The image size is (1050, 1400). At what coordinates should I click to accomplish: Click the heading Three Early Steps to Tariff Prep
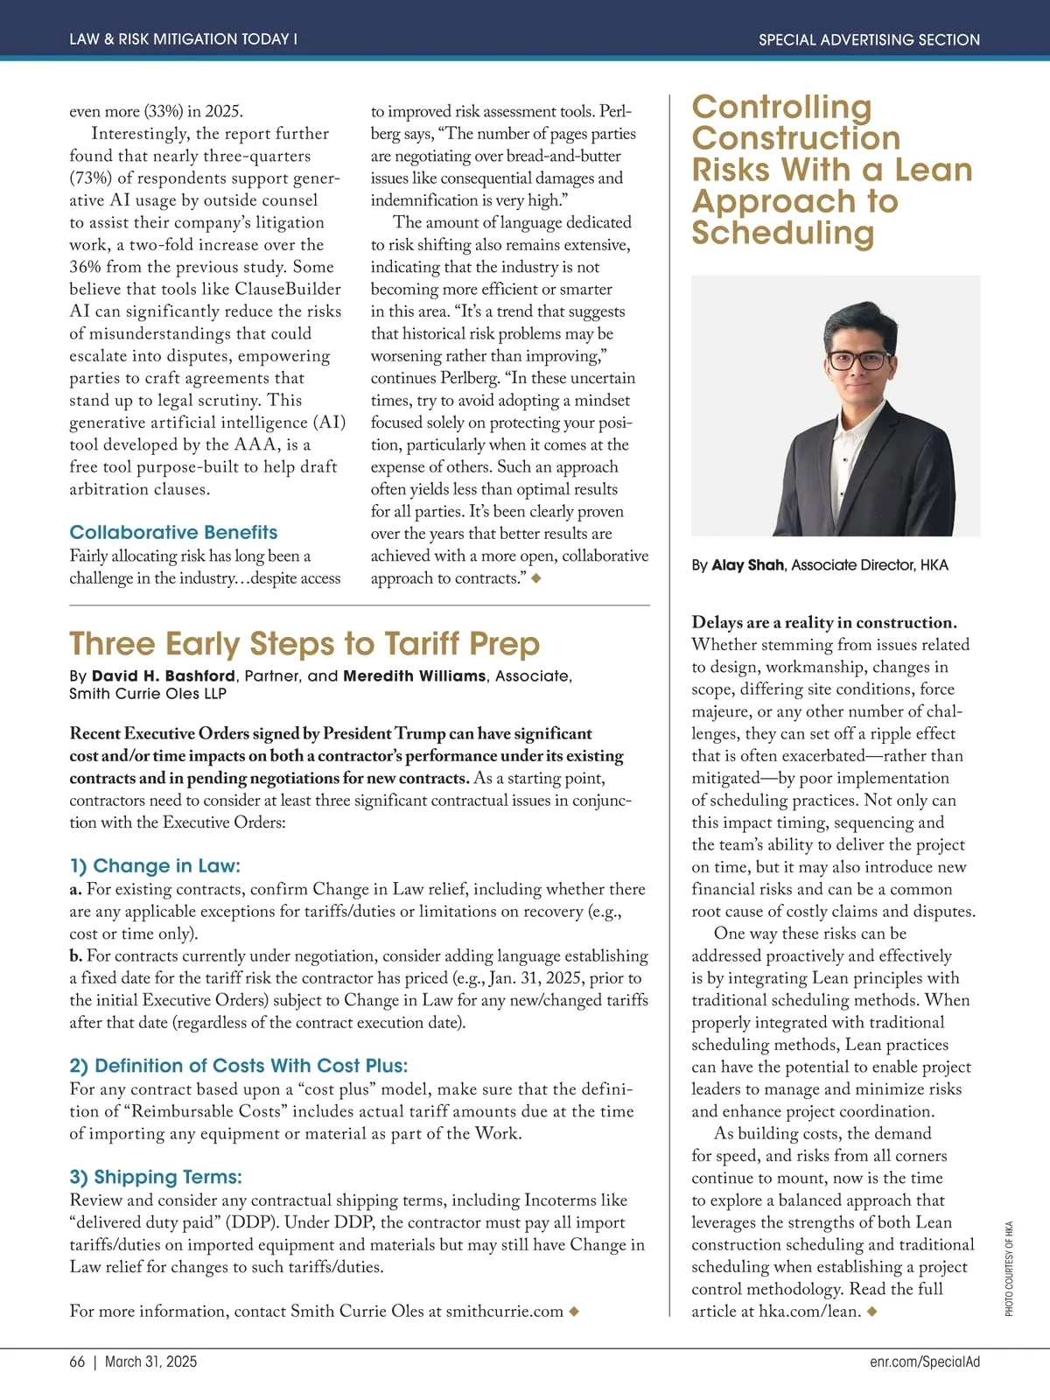coord(304,644)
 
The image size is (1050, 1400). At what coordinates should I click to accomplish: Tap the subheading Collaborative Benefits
coord(173,532)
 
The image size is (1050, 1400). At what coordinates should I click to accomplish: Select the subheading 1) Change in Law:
coord(155,865)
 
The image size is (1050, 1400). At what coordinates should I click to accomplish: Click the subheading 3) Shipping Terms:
coord(156,1177)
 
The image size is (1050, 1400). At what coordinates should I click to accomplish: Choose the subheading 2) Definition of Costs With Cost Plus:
coord(239,1066)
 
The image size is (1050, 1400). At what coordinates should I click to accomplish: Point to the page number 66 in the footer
coord(78,1361)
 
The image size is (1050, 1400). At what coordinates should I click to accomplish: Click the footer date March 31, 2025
coord(151,1361)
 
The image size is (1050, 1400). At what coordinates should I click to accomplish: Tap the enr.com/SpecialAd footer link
coord(925,1361)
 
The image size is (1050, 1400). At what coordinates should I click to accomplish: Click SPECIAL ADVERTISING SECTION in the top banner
coord(869,39)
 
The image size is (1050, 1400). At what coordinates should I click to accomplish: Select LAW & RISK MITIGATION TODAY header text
coord(183,39)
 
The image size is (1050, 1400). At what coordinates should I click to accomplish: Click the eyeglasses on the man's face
coord(858,360)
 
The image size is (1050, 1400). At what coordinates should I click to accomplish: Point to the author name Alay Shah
coord(747,565)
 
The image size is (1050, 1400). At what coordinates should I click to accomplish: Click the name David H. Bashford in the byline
coord(164,676)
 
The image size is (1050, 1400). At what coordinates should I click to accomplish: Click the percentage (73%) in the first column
coord(91,178)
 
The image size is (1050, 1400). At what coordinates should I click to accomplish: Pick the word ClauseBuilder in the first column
coord(288,289)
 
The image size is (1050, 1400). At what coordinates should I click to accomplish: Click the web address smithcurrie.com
coord(505,1311)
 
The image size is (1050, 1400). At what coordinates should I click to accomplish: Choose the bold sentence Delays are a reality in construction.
coord(823,622)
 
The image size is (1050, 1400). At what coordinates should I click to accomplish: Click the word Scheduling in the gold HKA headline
coord(782,233)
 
